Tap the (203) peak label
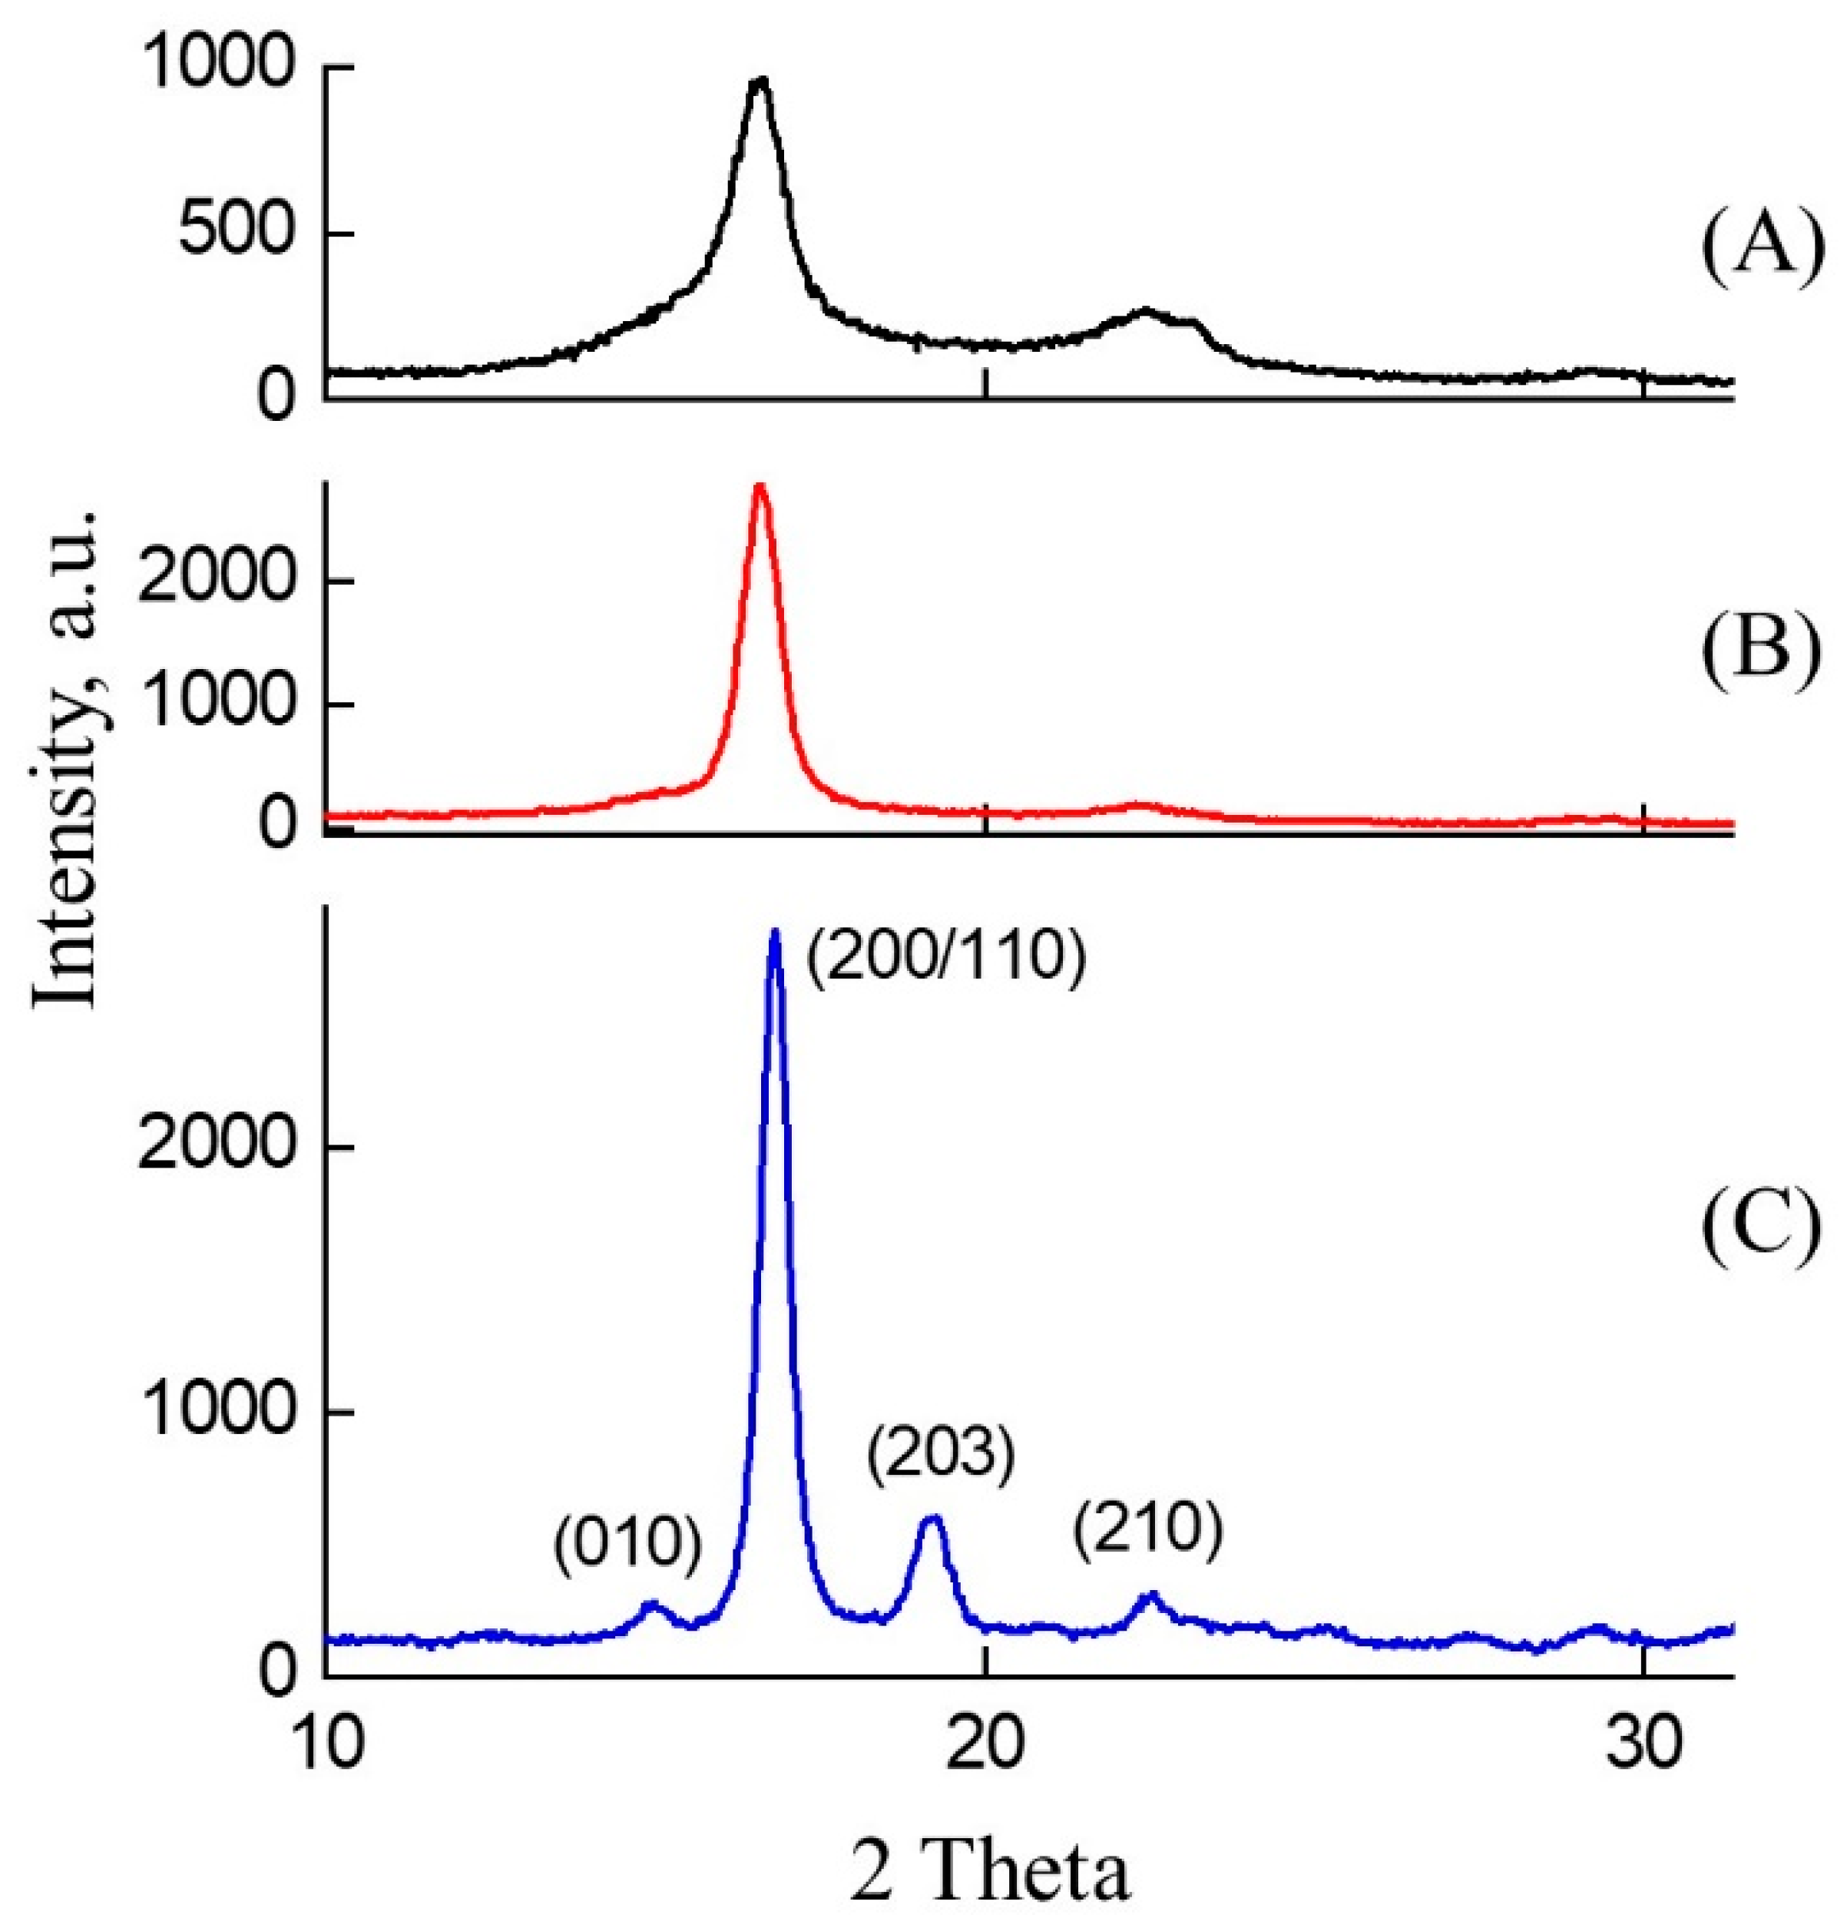(x=939, y=1454)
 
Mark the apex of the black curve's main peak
(x=758, y=81)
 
